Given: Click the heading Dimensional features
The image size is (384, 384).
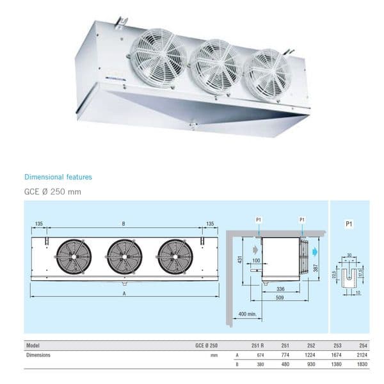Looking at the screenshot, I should pyautogui.click(x=58, y=177).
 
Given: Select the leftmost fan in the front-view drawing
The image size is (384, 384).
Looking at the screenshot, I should pyautogui.click(x=74, y=257).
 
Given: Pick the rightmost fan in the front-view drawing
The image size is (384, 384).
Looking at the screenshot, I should pyautogui.click(x=175, y=257).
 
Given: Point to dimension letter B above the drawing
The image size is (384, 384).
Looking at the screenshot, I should pyautogui.click(x=124, y=224).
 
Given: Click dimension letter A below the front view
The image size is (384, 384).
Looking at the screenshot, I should pyautogui.click(x=124, y=293).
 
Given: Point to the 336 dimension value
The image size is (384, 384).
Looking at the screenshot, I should pyautogui.click(x=279, y=289).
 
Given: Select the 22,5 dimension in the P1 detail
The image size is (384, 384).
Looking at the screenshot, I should pyautogui.click(x=335, y=275).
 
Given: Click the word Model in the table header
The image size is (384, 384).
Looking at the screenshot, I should pyautogui.click(x=33, y=345).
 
